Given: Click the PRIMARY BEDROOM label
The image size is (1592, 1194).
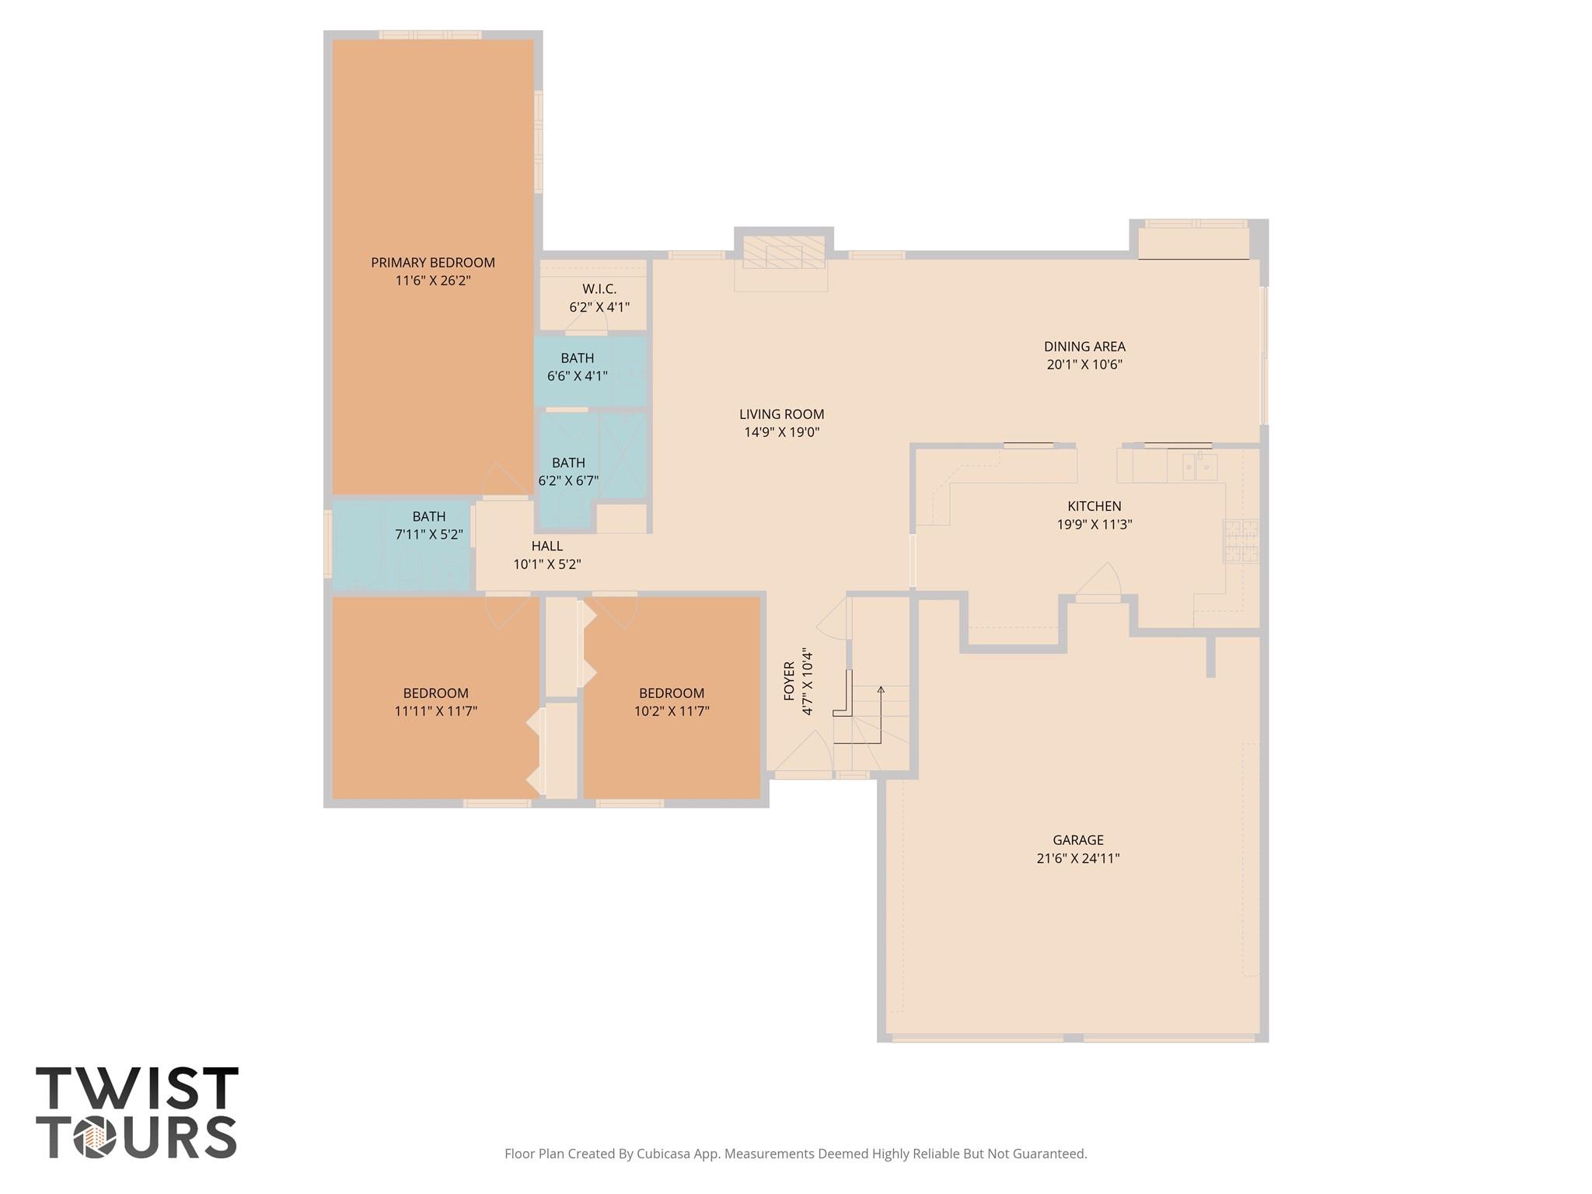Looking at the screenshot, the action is (432, 263).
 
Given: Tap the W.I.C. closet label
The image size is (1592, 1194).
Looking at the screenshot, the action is (599, 289).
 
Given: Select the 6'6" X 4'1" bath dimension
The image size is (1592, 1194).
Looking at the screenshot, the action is (577, 376).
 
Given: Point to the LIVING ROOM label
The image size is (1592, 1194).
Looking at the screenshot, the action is (781, 414).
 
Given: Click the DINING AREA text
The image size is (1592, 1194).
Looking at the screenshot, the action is (1084, 347).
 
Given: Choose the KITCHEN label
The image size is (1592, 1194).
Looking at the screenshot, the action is (1094, 506).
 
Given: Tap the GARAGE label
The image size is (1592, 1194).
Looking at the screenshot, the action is (1077, 840).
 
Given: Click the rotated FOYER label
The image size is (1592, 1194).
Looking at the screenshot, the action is (789, 681).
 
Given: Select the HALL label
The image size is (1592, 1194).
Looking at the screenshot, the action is (547, 546).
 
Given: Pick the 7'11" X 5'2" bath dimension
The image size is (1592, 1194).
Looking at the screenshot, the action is (429, 535).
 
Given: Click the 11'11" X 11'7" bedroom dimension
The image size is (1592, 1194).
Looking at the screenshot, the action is (435, 711).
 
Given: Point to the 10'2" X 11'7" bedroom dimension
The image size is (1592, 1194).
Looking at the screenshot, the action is (672, 711).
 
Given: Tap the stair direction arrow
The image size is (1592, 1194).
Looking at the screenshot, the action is (881, 690).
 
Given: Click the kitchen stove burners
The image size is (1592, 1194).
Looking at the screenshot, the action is (1241, 541).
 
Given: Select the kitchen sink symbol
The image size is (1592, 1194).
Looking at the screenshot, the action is (1199, 467).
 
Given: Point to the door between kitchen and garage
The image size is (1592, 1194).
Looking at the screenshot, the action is (1098, 585).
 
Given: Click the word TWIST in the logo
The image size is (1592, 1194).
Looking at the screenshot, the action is (137, 1090).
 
